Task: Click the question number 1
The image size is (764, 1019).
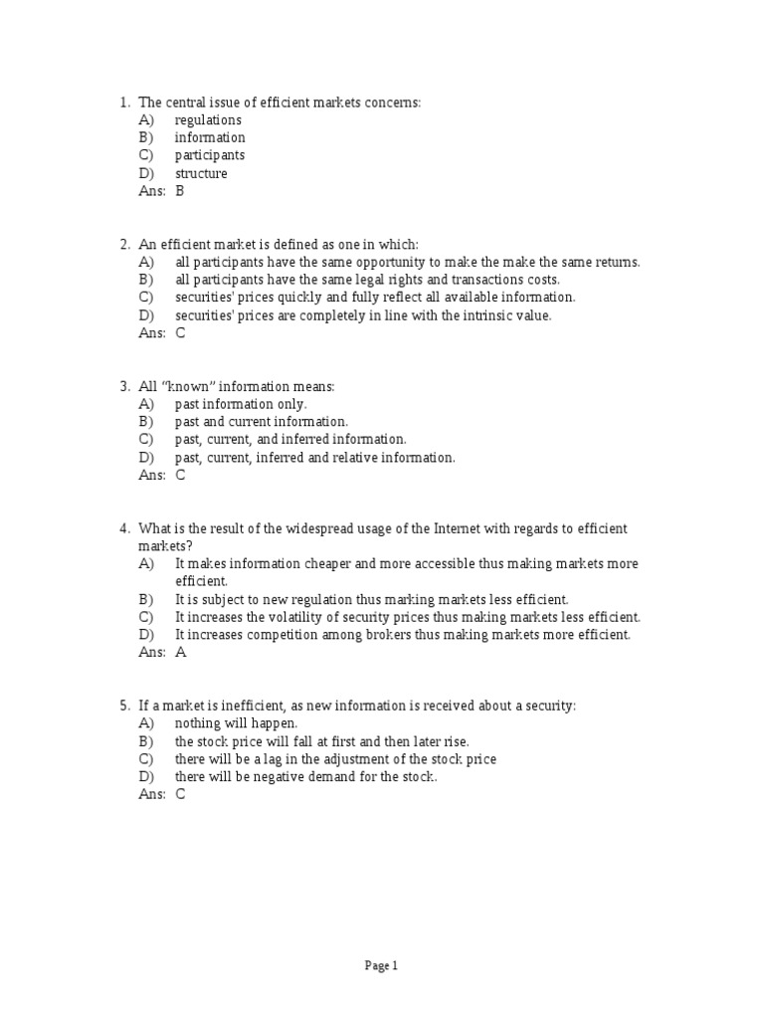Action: point(123,102)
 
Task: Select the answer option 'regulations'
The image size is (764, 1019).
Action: point(208,120)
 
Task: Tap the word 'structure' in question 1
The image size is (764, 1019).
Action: point(201,173)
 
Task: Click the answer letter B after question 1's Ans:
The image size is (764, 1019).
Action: point(180,191)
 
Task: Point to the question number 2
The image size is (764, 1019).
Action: point(123,245)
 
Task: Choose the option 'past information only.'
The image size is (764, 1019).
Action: point(241,404)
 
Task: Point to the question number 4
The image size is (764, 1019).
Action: point(123,528)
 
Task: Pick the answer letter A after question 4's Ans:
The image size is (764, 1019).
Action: point(181,653)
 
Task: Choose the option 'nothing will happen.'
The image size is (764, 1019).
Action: point(236,723)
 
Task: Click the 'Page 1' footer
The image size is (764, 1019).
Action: point(381,965)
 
